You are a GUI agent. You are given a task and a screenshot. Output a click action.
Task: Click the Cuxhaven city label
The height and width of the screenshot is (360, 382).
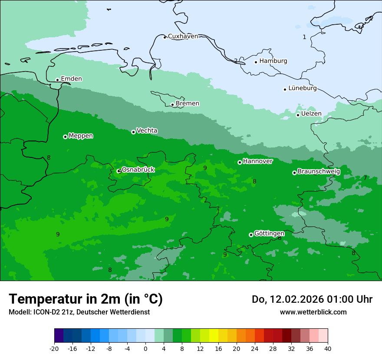click(x=183, y=36)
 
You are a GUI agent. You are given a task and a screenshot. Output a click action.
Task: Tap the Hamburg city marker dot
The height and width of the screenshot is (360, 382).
click(x=256, y=62)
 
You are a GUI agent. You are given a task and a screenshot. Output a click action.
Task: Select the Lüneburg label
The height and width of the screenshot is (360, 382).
click(x=303, y=88)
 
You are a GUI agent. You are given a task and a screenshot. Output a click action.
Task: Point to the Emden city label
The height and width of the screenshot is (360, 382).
click(x=71, y=79)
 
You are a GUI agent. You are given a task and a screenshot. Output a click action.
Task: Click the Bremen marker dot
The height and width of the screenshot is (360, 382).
click(x=172, y=105)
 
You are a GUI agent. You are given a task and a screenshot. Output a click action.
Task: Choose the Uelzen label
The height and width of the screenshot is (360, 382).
click(x=311, y=114)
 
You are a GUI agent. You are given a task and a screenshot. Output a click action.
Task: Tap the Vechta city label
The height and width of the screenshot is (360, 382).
click(x=147, y=131)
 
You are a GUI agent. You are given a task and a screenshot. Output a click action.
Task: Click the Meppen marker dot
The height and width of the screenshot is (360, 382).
click(x=65, y=137)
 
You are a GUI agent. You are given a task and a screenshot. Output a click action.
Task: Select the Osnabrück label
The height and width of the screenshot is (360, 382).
click(x=138, y=170)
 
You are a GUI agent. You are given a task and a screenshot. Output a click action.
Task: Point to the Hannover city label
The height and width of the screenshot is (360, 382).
click(x=257, y=161)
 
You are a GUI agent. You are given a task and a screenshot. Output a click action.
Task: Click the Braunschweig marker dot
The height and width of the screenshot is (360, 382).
click(x=294, y=173)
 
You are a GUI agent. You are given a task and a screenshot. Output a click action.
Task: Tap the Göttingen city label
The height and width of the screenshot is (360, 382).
click(x=269, y=233)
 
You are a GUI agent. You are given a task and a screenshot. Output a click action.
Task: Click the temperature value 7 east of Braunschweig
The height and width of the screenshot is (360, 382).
click(x=365, y=178)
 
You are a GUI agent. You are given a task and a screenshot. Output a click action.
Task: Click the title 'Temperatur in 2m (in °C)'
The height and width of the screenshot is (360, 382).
click(x=86, y=299)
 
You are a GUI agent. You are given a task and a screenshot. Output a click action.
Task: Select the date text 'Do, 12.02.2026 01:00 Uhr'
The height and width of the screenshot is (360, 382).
click(x=312, y=299)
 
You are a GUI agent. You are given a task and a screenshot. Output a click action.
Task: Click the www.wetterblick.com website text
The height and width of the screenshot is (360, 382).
click(x=313, y=312)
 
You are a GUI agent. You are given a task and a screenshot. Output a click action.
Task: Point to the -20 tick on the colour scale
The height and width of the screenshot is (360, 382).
click(x=54, y=348)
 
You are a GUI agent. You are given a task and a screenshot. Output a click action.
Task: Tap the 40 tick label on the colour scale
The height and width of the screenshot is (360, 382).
click(x=327, y=348)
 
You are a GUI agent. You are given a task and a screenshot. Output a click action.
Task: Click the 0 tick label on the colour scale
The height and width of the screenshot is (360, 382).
click(x=145, y=348)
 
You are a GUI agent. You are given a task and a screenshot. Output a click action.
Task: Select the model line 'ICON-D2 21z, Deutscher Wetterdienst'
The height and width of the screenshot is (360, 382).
click(x=79, y=312)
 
